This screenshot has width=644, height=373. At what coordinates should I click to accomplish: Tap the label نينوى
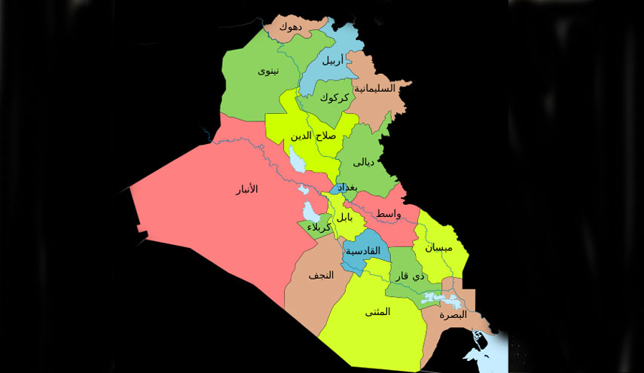coord(268,72)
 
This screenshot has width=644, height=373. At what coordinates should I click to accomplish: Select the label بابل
coord(344,217)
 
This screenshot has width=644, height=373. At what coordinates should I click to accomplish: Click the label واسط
coord(389,215)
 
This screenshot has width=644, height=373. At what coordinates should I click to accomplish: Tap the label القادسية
coord(363,251)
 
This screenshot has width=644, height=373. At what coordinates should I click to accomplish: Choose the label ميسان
coord(439,247)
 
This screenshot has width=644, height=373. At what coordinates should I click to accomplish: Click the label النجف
coord(321,276)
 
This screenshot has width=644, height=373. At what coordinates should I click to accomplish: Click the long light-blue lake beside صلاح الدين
coord(297,160)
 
